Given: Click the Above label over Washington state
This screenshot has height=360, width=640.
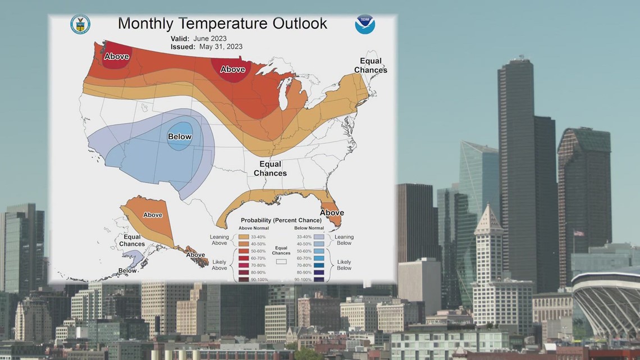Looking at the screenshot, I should point(117,56).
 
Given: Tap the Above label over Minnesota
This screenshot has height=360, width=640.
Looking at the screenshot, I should point(232,69).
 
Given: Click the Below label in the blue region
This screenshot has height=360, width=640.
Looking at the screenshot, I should point(180,136).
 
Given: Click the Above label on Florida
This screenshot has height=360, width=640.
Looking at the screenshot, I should point(332,213).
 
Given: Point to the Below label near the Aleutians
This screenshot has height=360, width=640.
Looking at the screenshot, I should point(127,270).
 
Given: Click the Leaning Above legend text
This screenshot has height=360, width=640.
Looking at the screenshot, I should point(220,240).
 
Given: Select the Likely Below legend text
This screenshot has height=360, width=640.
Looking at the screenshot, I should point(344,265).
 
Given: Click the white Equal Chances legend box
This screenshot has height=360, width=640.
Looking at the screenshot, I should point(282,261).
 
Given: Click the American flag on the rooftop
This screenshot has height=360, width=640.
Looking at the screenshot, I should point(578,233).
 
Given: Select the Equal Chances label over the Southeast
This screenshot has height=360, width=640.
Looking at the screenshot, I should point(270,168).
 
